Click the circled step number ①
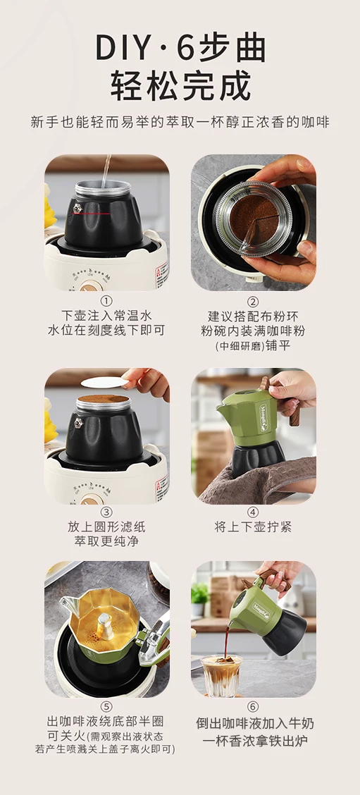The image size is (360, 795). click(x=106, y=301)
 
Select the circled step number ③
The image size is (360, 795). click(x=106, y=512)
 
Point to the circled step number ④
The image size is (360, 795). click(x=253, y=512)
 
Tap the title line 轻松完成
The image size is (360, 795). click(x=180, y=86)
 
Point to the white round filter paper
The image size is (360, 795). click(x=105, y=382)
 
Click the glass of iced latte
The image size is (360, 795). click(x=221, y=674)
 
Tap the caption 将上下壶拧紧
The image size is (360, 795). click(x=253, y=526)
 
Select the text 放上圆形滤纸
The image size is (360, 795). click(x=106, y=526)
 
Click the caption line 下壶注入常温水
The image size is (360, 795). click(x=106, y=316)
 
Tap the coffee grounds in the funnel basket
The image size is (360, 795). click(x=254, y=216)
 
